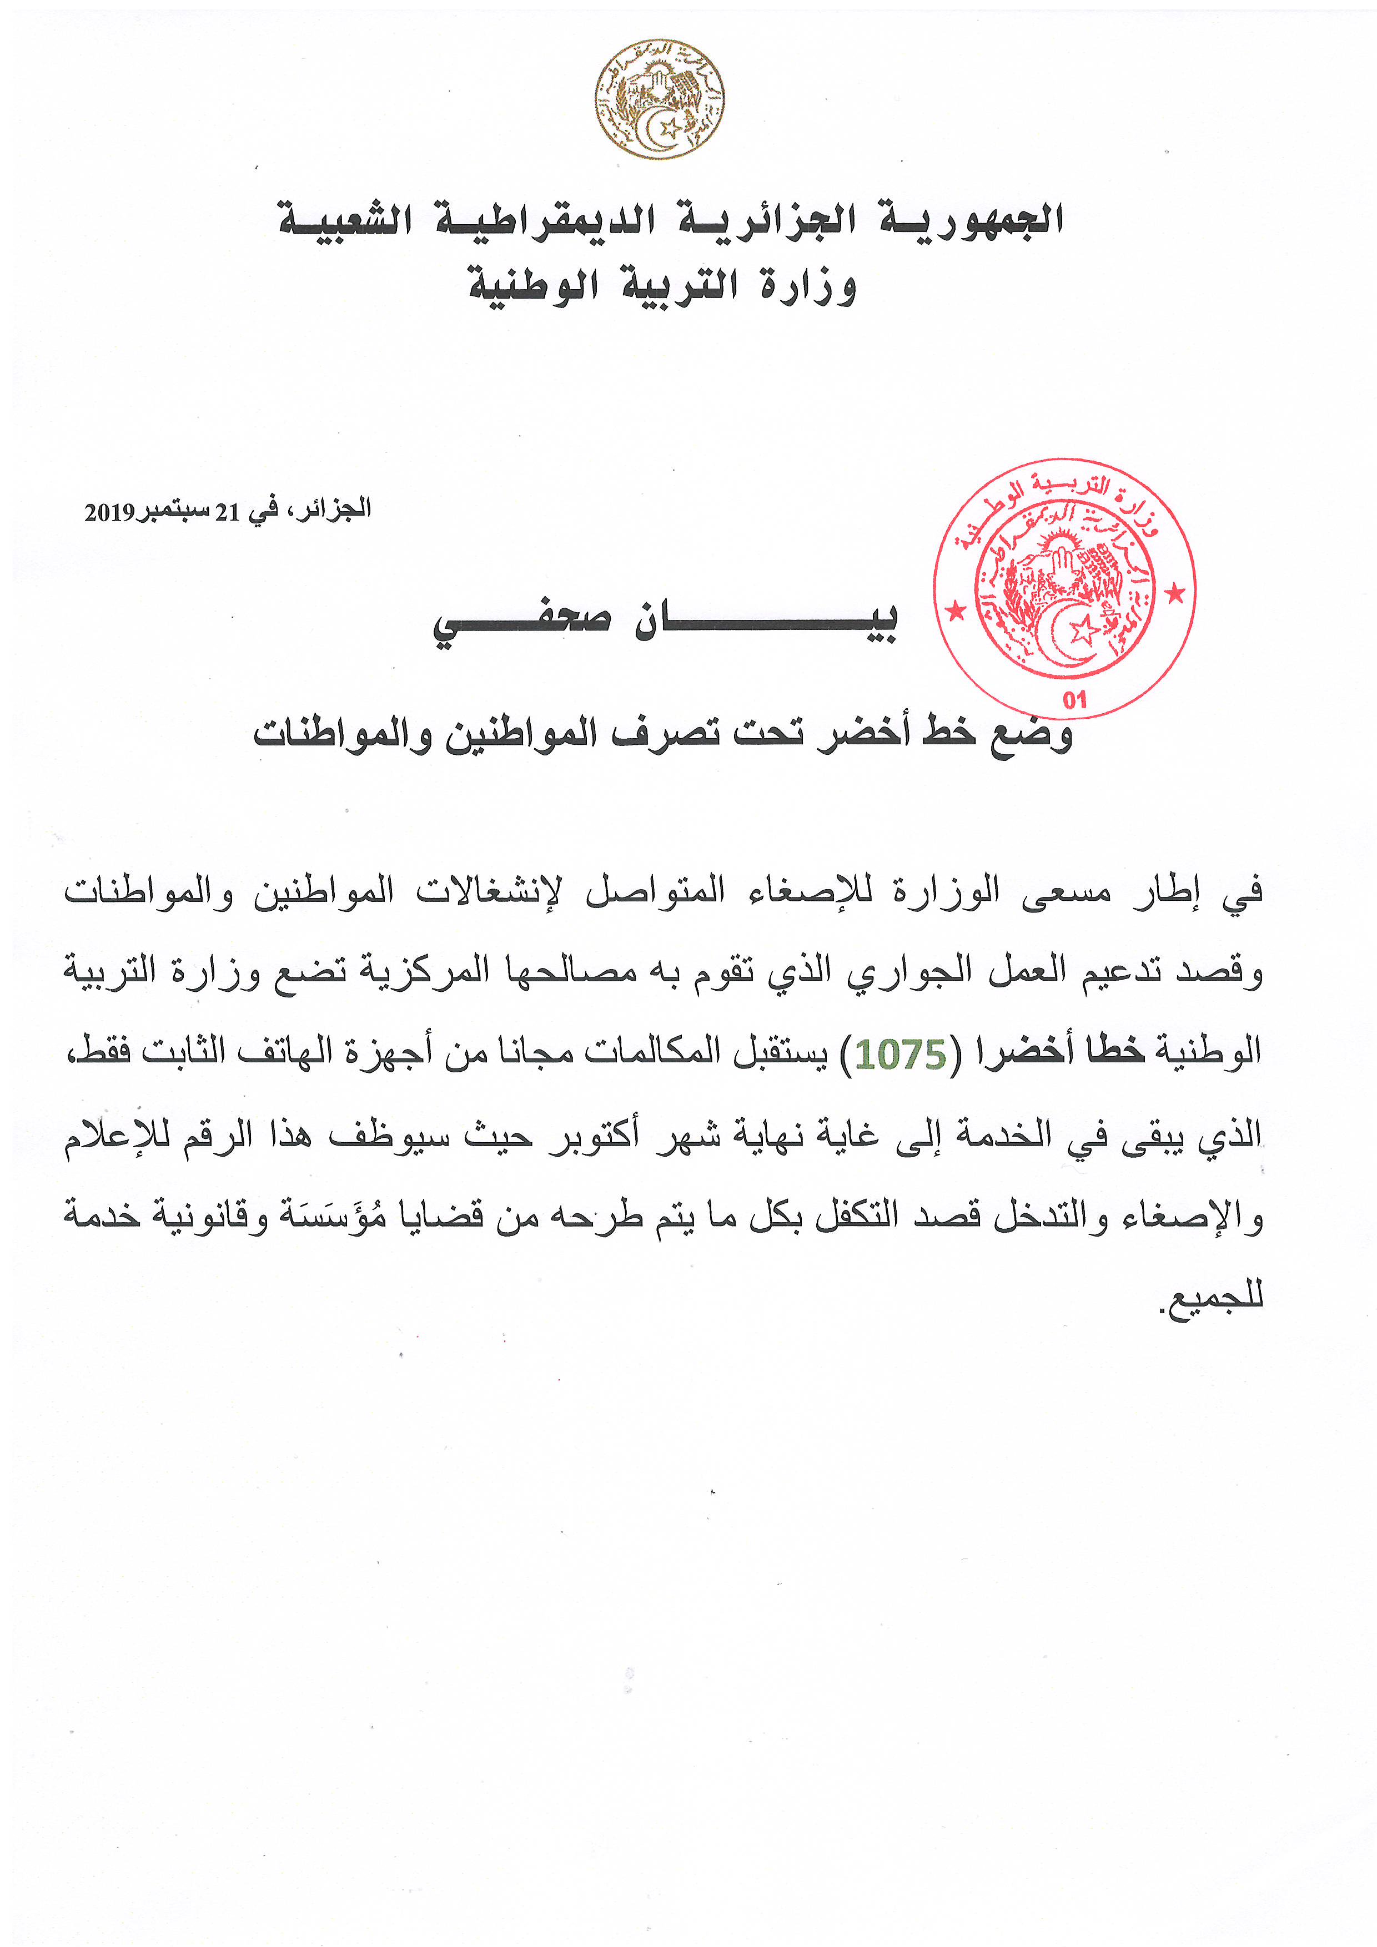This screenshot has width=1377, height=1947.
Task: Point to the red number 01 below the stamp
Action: point(1074,699)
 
